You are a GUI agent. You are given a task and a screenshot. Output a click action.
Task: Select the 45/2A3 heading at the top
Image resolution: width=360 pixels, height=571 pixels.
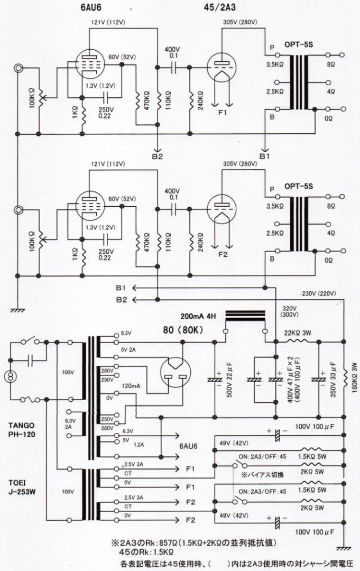[x=221, y=8]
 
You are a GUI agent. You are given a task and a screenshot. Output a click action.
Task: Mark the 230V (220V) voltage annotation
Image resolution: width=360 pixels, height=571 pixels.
[x=318, y=293]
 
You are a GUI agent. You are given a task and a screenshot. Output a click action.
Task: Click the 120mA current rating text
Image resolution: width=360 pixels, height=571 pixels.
[x=130, y=386]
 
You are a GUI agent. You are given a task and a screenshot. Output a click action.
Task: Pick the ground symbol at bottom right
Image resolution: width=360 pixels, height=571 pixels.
[x=343, y=548]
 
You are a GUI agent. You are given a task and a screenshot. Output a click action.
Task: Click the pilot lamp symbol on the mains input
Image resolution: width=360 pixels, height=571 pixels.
[x=9, y=376]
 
